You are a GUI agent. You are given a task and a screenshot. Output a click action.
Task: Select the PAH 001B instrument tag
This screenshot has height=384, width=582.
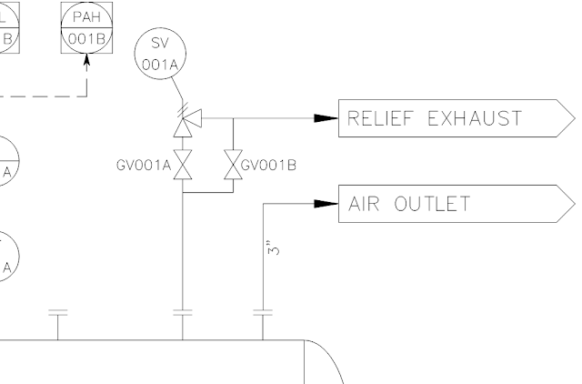(x=86, y=26)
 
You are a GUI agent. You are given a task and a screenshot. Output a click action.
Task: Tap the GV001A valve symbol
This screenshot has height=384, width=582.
(x=183, y=167)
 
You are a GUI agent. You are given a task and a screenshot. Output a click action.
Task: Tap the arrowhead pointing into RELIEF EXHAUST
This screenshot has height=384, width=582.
(x=326, y=118)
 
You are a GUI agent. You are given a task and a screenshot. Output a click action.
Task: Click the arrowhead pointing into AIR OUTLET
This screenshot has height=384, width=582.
(x=326, y=204)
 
